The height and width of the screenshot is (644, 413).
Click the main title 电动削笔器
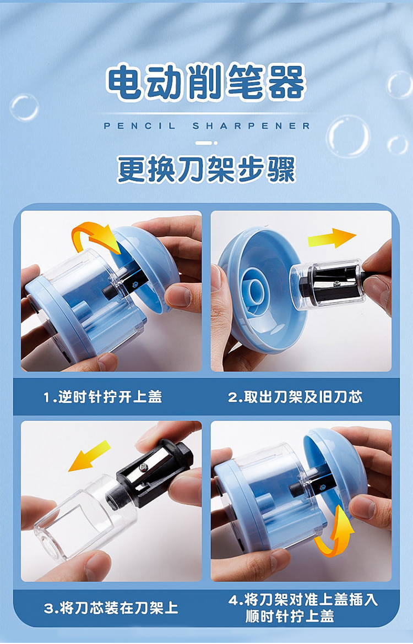(206, 82)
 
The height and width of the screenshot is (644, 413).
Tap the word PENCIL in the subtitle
(140, 125)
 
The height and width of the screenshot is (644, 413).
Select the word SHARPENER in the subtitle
(251, 125)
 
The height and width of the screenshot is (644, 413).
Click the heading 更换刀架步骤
(206, 169)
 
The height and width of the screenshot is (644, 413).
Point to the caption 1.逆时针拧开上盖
(103, 397)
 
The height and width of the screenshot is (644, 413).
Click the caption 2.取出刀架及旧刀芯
(295, 397)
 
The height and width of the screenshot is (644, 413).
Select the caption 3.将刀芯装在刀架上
(111, 608)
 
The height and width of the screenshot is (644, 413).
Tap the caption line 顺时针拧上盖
(290, 616)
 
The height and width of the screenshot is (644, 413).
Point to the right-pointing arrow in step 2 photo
(332, 238)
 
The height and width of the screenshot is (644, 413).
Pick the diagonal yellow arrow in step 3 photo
(90, 456)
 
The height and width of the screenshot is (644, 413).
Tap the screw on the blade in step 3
(143, 466)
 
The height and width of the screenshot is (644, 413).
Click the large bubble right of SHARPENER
(348, 137)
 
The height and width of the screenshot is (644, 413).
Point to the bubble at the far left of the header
(25, 107)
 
